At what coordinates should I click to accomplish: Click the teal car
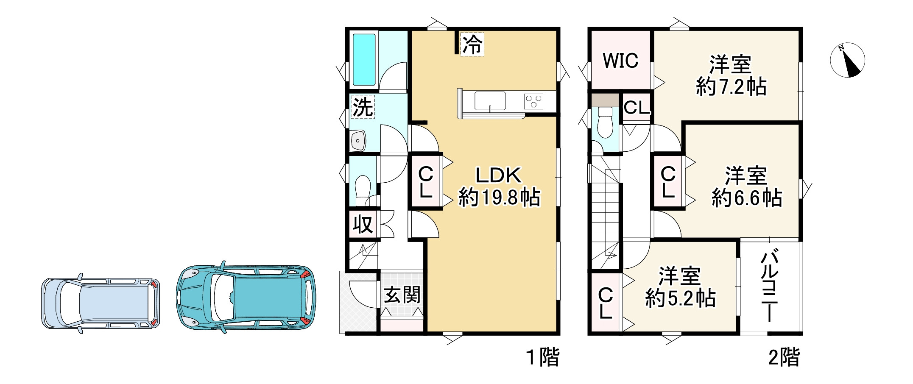point(246,297)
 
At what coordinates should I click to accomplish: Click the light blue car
point(101,303)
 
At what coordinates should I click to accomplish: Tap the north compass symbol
point(847,60)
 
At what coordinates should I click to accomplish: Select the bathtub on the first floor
point(364,59)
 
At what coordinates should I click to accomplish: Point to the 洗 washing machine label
point(363,107)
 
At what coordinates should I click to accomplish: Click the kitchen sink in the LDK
point(490,101)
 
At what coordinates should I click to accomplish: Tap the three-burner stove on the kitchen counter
point(533,101)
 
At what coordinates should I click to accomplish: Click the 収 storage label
point(363,225)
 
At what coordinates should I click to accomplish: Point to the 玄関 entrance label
point(402,295)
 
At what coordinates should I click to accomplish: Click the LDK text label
point(498,175)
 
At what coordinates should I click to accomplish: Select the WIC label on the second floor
point(620,61)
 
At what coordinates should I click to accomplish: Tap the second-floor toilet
point(605,122)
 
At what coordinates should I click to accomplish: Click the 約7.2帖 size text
point(731,87)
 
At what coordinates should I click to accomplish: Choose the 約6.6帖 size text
point(747,198)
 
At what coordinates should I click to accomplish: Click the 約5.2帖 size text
point(681,298)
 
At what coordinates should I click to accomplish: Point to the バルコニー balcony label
point(769,286)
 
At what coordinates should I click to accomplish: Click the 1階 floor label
point(543,357)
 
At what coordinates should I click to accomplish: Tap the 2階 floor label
point(784,357)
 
